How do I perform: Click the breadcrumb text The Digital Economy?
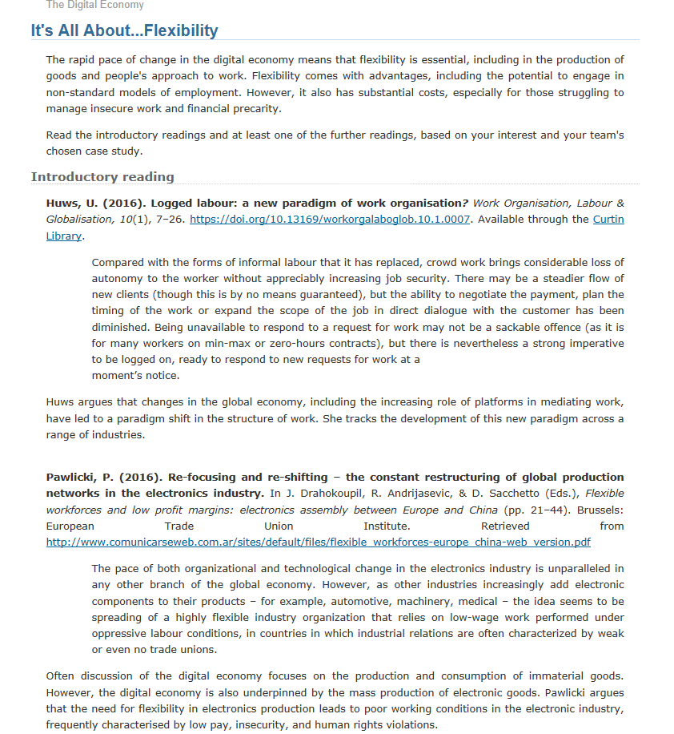coord(95,5)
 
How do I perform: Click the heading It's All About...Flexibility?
coord(124,30)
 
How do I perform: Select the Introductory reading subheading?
coord(102,176)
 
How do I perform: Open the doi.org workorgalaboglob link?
coord(329,219)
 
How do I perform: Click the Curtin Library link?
coord(608,219)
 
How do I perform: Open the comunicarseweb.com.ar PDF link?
coord(318,542)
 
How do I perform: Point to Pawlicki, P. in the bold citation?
coord(77,477)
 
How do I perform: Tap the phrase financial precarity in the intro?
coord(211,108)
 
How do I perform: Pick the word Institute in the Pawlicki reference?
coord(386,526)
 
